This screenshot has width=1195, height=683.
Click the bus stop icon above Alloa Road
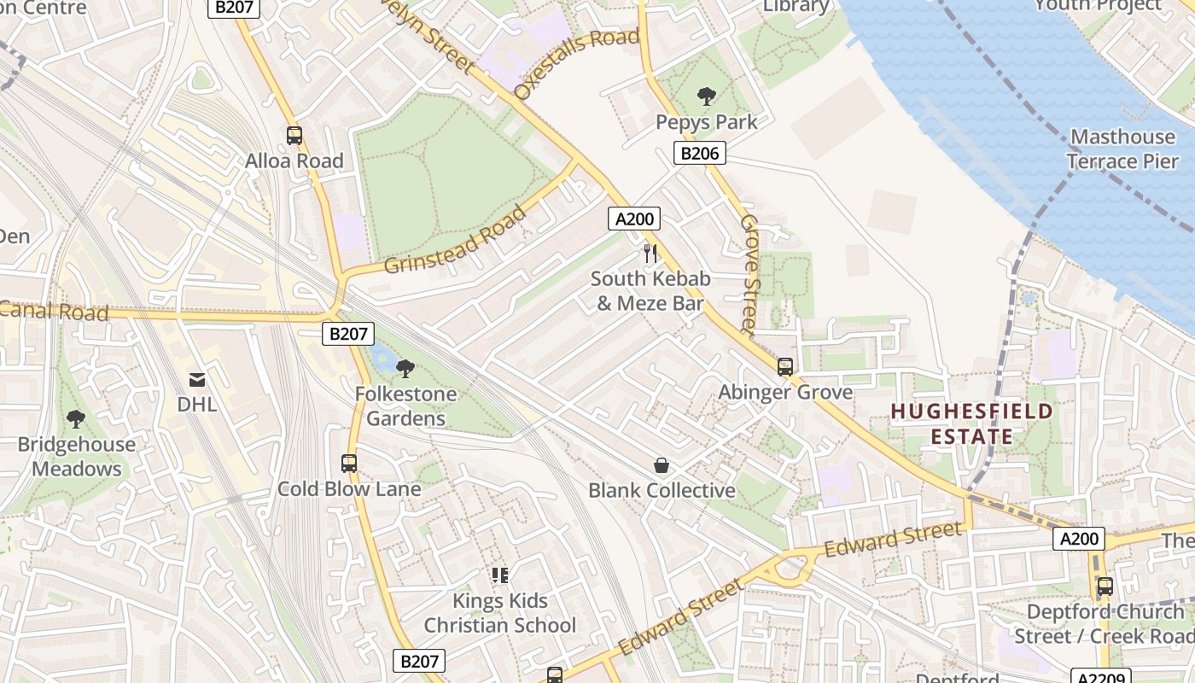tap(294, 135)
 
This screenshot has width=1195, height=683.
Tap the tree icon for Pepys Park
tap(707, 96)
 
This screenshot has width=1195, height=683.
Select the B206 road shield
tap(700, 154)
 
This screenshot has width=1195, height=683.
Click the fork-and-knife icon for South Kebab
tap(650, 253)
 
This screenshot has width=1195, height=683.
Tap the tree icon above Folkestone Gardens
tap(405, 369)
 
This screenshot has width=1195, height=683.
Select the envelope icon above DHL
tap(197, 380)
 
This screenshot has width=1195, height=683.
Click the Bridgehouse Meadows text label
tap(77, 457)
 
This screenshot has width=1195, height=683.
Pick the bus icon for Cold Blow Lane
tap(349, 464)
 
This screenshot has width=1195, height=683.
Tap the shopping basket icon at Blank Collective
tap(662, 465)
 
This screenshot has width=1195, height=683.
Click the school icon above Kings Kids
tap(500, 575)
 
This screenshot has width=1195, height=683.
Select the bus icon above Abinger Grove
tap(785, 367)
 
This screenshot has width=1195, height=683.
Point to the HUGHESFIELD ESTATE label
tap(971, 424)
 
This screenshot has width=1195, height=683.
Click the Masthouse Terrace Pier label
tap(1122, 149)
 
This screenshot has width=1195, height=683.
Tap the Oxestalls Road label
tap(577, 64)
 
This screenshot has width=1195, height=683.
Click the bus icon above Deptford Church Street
tap(1105, 587)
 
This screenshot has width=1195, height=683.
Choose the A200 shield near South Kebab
tap(634, 219)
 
